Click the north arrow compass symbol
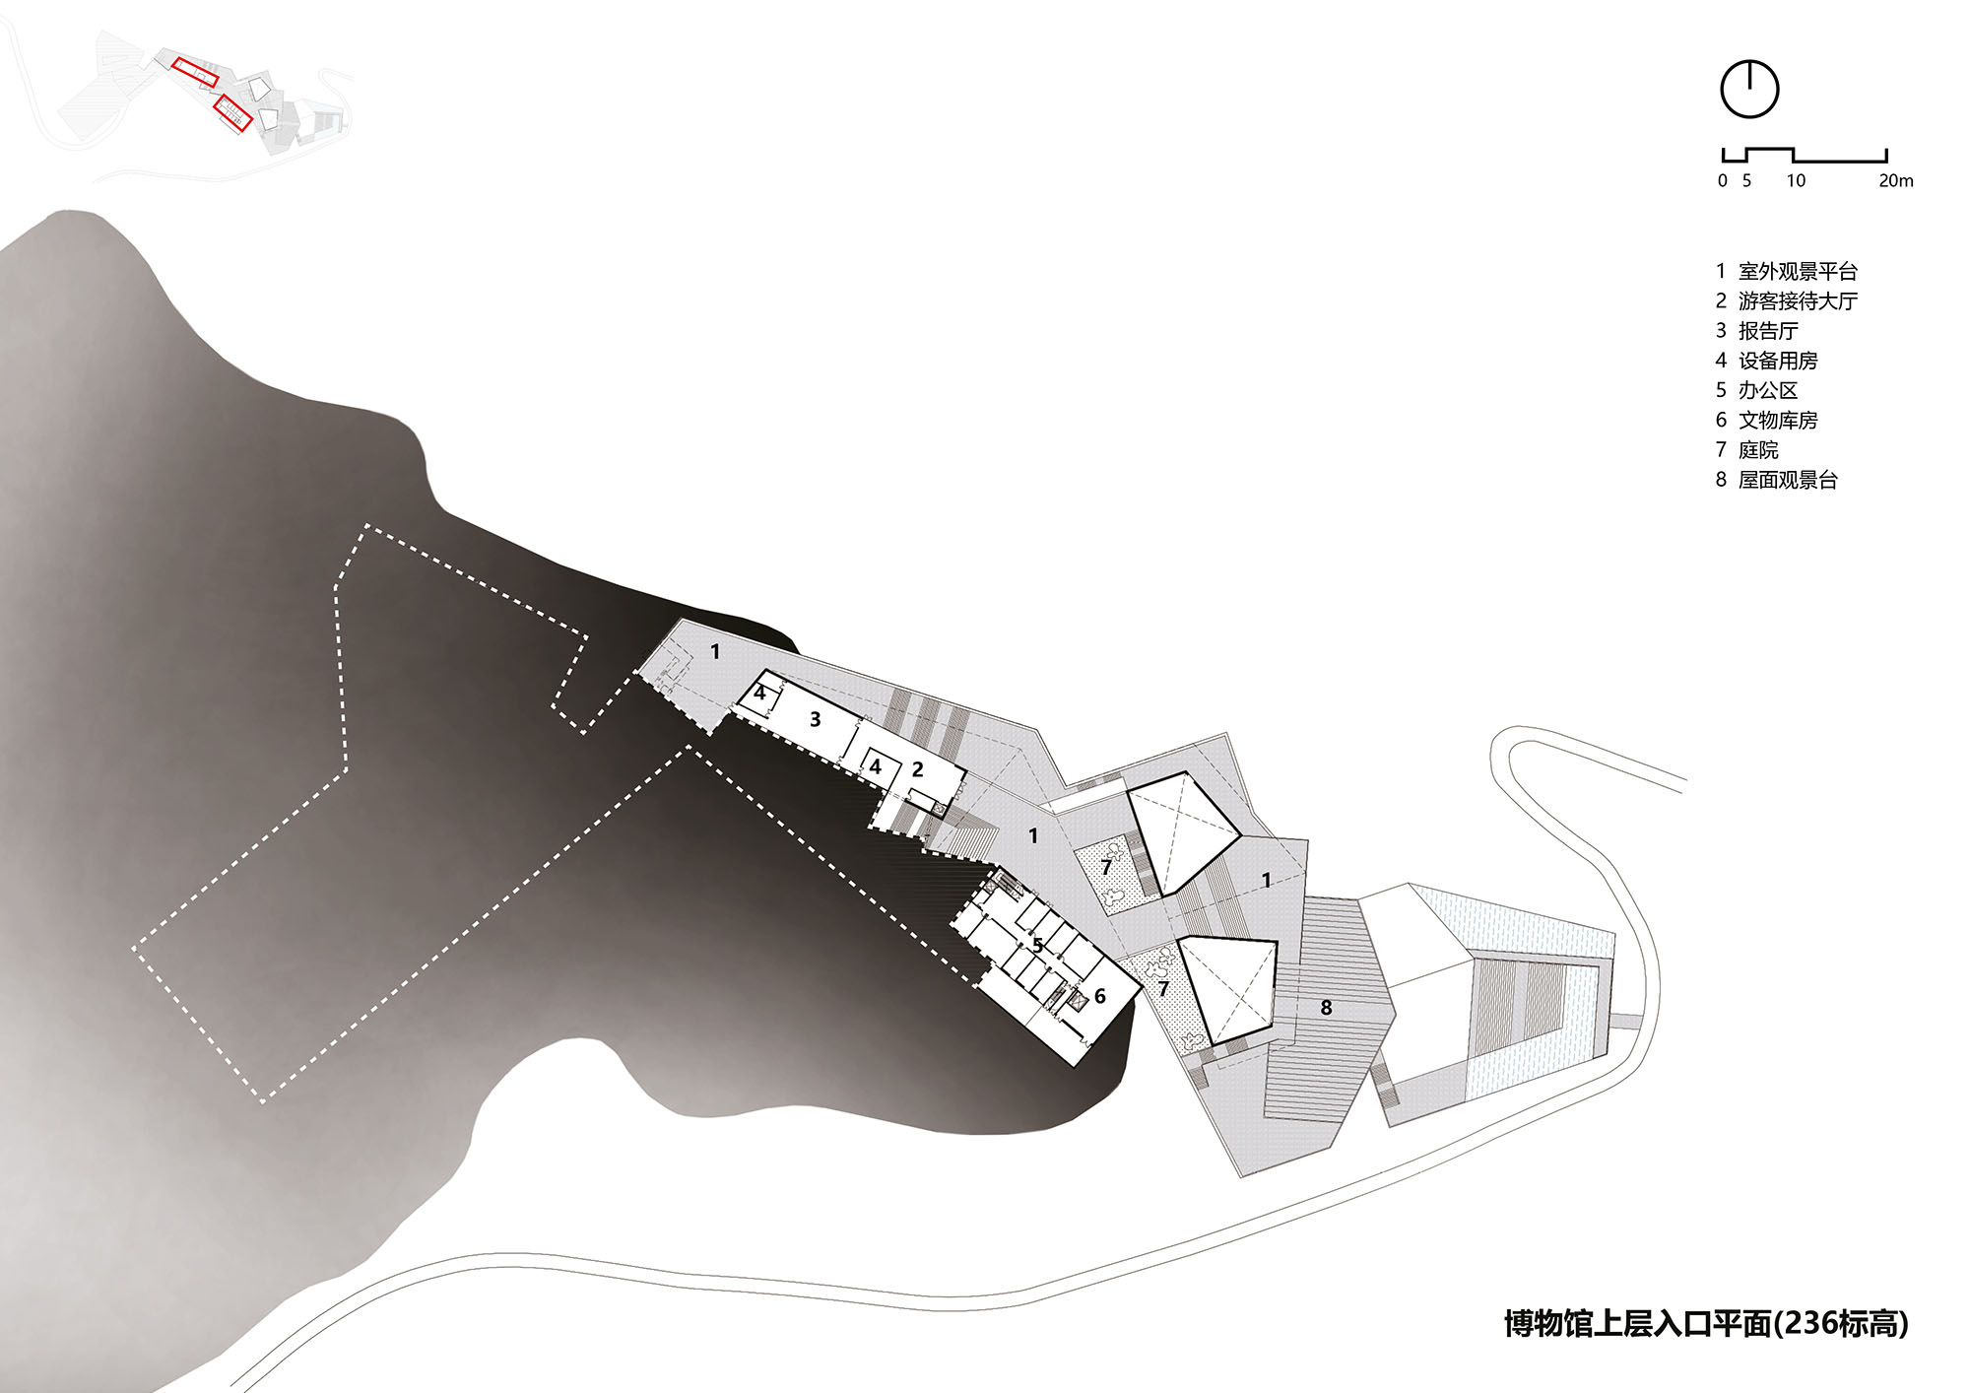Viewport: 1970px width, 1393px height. click(1749, 90)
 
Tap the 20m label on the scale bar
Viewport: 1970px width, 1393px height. click(1895, 180)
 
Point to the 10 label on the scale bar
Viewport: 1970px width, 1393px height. click(1796, 180)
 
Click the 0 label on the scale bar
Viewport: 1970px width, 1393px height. click(1722, 180)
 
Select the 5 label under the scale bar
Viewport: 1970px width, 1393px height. click(1746, 180)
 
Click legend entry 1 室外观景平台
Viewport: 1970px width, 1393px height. click(1787, 271)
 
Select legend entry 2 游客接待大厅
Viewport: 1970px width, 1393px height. click(1787, 300)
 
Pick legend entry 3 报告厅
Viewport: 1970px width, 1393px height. click(1757, 331)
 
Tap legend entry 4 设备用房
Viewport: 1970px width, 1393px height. click(1767, 361)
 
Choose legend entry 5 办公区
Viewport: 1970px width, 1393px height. click(1757, 390)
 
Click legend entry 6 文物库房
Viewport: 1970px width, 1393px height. click(1767, 420)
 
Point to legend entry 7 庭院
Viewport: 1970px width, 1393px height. click(1747, 450)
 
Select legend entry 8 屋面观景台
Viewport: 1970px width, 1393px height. click(1777, 480)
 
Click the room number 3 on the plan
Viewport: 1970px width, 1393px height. click(815, 719)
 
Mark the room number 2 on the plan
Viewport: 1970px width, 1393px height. click(917, 769)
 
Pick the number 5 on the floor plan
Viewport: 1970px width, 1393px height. click(1037, 945)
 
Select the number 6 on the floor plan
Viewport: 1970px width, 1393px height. click(1100, 996)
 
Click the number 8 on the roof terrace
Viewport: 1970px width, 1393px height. click(1326, 1007)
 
